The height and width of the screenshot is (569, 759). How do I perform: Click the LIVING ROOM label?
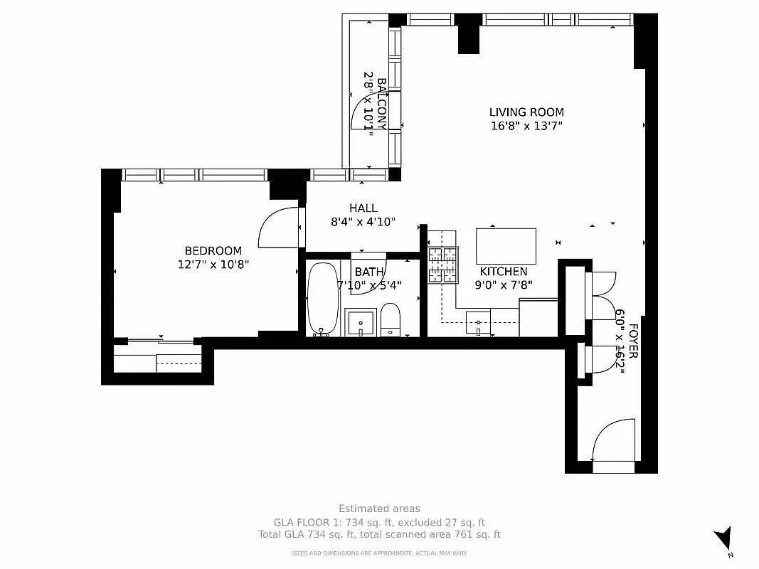(x=526, y=112)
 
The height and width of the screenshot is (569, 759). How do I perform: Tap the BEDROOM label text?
(x=213, y=250)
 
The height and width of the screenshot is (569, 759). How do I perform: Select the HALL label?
(x=363, y=208)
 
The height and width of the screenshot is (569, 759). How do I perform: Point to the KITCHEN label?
(x=504, y=272)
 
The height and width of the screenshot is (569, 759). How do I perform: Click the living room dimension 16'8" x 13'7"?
(x=526, y=127)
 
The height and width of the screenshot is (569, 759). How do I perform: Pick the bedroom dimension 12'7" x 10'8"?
(x=213, y=265)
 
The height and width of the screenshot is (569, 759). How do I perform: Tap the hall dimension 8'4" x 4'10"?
(x=363, y=222)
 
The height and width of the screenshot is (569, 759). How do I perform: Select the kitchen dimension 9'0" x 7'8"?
(x=504, y=285)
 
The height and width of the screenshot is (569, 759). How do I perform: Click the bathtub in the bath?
(x=323, y=299)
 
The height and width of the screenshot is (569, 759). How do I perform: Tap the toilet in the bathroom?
(x=390, y=320)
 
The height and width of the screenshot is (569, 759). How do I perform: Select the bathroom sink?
(x=361, y=323)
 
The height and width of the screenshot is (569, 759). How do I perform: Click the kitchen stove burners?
(x=443, y=265)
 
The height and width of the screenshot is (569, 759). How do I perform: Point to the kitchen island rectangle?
(x=506, y=246)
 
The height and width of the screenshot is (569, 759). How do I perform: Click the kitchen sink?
(x=478, y=323)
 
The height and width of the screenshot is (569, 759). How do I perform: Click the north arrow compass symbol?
(x=723, y=538)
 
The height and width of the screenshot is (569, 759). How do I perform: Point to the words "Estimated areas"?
(x=380, y=509)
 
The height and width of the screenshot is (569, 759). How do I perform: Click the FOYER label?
(x=633, y=341)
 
